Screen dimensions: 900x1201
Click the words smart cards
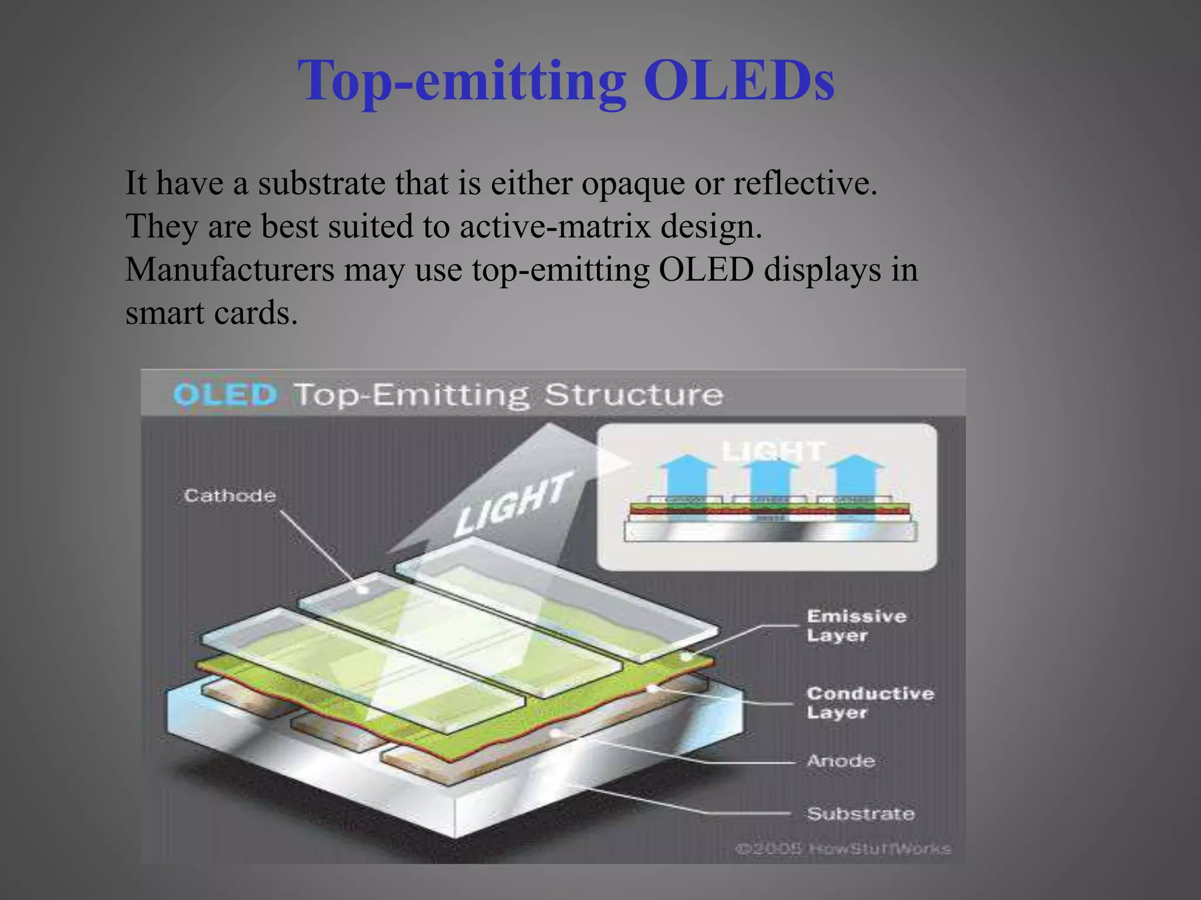tap(211, 313)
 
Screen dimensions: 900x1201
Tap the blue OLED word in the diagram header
tap(225, 394)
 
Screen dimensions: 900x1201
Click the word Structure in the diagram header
tap(633, 394)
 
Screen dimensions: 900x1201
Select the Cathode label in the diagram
tap(230, 496)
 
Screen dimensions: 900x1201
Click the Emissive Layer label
tap(856, 626)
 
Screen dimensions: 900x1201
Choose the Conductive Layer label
tap(870, 703)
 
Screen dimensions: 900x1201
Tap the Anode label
tap(840, 761)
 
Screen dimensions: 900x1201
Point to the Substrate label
tap(860, 814)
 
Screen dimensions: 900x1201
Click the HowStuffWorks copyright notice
tap(843, 848)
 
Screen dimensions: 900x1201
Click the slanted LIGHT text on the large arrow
tap(513, 504)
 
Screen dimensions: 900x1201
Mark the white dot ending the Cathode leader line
tap(363, 589)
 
